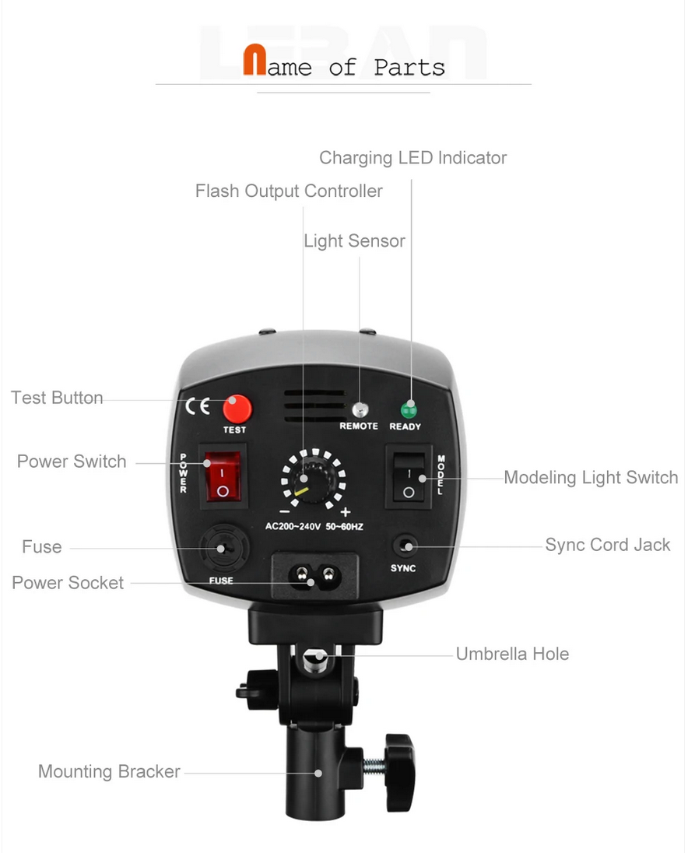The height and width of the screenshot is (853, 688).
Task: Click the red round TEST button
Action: click(237, 409)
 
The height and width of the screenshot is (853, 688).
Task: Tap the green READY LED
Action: click(409, 409)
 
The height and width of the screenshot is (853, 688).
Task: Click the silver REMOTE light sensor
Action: click(360, 409)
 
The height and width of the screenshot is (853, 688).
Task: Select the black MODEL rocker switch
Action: click(409, 477)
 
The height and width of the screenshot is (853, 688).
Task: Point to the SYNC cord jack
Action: click(405, 546)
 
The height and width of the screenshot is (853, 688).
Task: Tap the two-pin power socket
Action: click(315, 576)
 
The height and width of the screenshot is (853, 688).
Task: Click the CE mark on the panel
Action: click(198, 405)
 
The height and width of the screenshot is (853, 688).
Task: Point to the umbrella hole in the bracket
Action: click(315, 660)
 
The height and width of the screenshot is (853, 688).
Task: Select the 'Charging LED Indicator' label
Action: click(412, 158)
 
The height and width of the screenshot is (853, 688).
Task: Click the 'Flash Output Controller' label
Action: click(289, 191)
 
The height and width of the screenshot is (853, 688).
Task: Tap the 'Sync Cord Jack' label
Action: click(608, 545)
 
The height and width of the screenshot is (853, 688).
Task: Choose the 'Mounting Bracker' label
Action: click(109, 771)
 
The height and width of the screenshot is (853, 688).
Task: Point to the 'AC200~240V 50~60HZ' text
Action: click(314, 527)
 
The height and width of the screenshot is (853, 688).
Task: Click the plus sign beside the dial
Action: click(346, 512)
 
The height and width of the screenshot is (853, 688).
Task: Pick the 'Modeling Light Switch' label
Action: click(591, 478)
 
